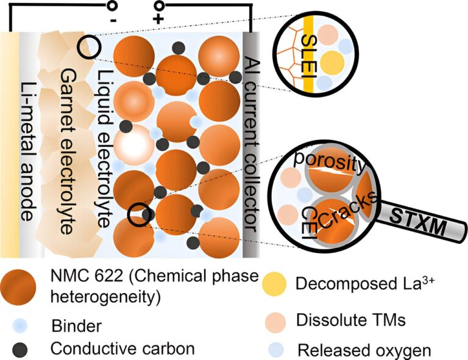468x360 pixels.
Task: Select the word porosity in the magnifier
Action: pyautogui.click(x=329, y=165)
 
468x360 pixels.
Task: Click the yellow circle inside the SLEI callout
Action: pyautogui.click(x=331, y=61)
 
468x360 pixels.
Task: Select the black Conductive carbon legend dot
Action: pyautogui.click(x=21, y=349)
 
